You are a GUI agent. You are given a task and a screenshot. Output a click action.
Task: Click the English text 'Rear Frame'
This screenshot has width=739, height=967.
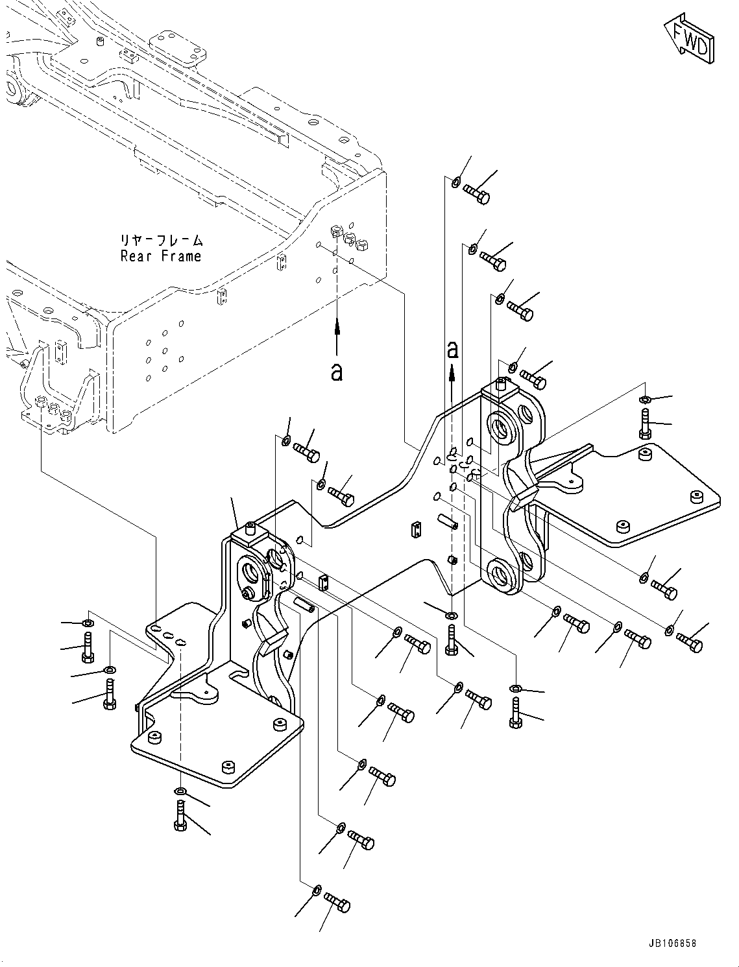pos(161,256)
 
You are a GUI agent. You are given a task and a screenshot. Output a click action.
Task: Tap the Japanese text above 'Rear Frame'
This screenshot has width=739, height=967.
pos(162,241)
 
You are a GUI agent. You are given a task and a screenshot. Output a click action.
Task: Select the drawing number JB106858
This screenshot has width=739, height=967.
pos(672,944)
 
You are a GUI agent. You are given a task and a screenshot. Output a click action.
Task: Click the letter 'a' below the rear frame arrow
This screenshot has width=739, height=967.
pos(336,372)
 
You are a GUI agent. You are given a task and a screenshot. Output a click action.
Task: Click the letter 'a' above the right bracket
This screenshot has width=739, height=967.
pos(453,350)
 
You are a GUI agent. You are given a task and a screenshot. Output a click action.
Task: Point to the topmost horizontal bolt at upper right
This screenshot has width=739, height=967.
pos(476,193)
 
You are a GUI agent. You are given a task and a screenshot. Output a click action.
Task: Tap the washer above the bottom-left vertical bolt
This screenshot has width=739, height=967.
pos(179,791)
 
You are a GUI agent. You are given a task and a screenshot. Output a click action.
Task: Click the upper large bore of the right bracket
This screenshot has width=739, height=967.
pos(502,427)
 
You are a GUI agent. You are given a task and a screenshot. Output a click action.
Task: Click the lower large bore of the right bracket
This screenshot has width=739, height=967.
pos(500,573)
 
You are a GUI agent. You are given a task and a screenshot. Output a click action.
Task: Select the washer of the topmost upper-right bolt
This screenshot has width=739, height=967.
pos(455,182)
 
